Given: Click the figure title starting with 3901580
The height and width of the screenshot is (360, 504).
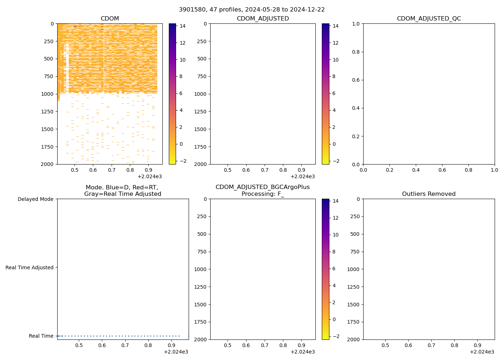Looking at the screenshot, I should tap(252, 10).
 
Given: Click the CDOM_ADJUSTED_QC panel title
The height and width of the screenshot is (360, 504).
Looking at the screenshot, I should tap(429, 19).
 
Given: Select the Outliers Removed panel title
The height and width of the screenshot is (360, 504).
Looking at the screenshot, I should tap(429, 194).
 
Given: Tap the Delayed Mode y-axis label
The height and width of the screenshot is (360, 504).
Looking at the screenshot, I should tap(35, 199).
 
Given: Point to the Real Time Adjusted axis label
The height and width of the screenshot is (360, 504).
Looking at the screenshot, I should tap(30, 267).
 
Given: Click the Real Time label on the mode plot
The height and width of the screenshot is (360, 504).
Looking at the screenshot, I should tap(41, 336).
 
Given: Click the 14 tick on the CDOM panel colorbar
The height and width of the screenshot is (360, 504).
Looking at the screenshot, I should tap(182, 26).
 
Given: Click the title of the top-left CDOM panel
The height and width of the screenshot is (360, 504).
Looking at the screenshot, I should tap(110, 19).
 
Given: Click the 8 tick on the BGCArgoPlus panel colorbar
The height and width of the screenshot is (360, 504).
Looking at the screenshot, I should tap(334, 252).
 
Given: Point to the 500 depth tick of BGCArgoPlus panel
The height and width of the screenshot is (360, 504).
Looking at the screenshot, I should tap(202, 234).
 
